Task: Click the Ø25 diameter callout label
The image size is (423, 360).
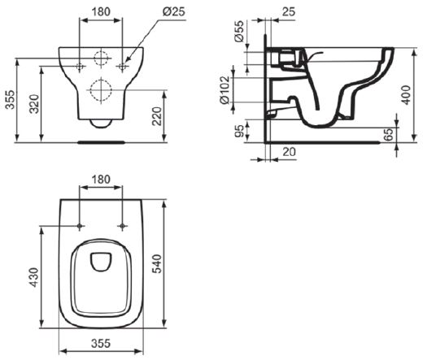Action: point(174,11)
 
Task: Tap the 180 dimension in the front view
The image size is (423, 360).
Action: point(101,12)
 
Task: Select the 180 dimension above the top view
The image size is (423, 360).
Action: point(101,180)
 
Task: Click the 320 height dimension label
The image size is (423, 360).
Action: point(35,104)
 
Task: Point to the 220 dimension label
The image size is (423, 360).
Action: point(157,116)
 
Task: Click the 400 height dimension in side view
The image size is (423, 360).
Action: point(407,95)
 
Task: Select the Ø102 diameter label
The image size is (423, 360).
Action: point(225,90)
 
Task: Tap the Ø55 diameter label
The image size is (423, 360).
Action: point(239,31)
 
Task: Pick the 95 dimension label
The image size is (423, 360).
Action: point(239,131)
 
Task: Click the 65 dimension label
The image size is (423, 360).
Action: point(389,134)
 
